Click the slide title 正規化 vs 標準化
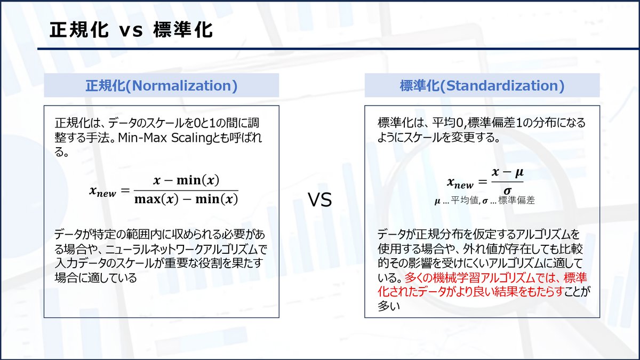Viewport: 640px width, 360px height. [131, 29]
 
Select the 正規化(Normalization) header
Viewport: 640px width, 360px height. [161, 85]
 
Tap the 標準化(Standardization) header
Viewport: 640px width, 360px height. [482, 85]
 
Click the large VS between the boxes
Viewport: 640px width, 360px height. [320, 200]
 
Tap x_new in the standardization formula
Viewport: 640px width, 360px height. [460, 183]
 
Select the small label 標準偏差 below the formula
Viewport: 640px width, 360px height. [516, 201]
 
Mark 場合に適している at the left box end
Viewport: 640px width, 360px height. [95, 278]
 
